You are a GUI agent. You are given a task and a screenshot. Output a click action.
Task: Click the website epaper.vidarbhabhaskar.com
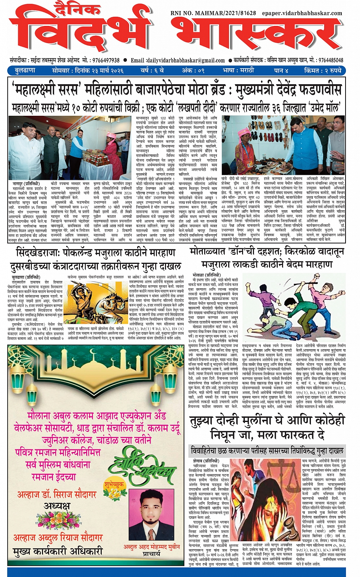[x=302, y=13]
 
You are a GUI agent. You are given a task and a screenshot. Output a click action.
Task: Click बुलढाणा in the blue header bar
[x=25, y=70]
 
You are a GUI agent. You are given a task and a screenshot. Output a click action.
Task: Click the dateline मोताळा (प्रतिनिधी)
[x=206, y=275]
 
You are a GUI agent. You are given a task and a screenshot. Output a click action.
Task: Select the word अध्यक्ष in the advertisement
[x=57, y=506]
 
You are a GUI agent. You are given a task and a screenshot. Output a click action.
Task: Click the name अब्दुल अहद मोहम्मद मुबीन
[x=152, y=547]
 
